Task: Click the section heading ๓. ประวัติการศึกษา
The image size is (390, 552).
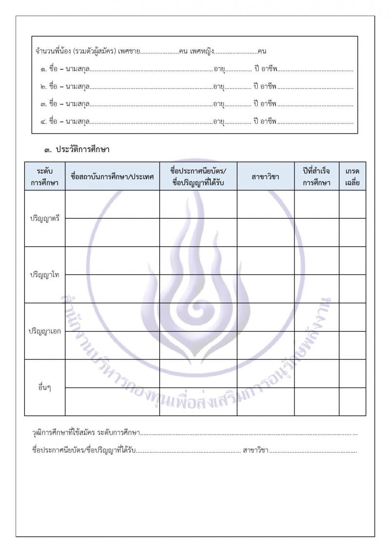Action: pos(77,150)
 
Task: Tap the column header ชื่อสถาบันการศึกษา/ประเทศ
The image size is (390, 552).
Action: pos(112,177)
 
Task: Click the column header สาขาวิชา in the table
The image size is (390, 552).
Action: pos(265,177)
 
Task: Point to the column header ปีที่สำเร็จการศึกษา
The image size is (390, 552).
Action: pos(316,177)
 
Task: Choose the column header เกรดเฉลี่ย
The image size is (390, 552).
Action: pos(352,177)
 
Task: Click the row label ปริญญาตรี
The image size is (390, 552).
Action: pos(44,218)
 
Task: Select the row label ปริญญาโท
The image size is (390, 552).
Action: pos(44,275)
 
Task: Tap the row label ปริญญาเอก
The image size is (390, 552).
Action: pos(44,331)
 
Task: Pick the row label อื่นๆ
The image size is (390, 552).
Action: pos(44,388)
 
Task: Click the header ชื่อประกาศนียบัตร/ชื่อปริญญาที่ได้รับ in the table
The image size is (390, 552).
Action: pos(198,177)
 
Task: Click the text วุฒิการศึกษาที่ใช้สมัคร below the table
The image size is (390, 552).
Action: pos(63,433)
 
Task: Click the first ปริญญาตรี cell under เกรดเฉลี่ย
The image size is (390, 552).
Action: pos(352,204)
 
